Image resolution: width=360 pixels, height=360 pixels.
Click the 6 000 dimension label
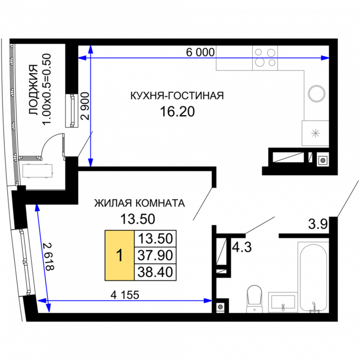click(x=200, y=52)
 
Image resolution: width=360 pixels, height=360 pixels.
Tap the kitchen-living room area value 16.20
click(x=177, y=112)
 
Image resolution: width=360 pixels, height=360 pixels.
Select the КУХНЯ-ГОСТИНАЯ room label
click(x=177, y=95)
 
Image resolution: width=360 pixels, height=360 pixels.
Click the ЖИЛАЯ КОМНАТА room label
click(x=140, y=203)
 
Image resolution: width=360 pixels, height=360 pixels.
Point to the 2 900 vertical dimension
click(x=85, y=106)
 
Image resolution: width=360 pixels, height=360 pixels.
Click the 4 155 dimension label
click(x=125, y=295)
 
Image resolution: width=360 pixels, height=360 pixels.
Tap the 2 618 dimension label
click(x=49, y=257)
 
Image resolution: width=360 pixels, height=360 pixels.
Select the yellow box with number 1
click(x=119, y=255)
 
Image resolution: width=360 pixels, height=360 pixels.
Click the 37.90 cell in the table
click(x=155, y=255)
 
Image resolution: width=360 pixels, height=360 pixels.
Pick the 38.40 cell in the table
click(x=155, y=272)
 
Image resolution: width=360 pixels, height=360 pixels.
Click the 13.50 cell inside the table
click(x=155, y=238)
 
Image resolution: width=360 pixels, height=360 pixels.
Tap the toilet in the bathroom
click(x=254, y=299)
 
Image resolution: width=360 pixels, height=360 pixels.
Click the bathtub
click(x=313, y=277)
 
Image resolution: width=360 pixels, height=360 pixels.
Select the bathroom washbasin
click(x=283, y=302)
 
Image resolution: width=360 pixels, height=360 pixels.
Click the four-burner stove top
click(x=265, y=58)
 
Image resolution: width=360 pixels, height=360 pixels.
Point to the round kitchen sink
click(x=317, y=94)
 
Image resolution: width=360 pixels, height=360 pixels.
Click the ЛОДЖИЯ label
click(x=34, y=89)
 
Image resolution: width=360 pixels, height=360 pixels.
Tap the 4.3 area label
click(x=242, y=247)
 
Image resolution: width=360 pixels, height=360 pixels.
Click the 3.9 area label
click(x=318, y=224)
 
